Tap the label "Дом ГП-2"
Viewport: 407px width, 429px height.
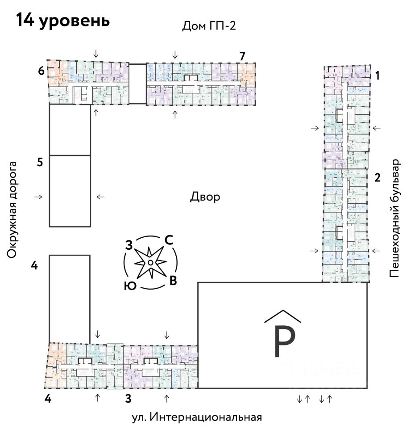click(208, 26)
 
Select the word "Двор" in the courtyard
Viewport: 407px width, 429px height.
click(205, 197)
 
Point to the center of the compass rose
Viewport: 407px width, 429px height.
click(151, 262)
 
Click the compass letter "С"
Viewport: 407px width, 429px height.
click(169, 240)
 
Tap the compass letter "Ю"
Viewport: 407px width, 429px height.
click(130, 286)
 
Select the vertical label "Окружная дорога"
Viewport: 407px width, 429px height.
click(12, 210)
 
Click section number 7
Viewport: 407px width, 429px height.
click(242, 56)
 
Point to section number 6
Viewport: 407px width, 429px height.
click(41, 71)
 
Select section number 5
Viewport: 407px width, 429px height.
click(40, 162)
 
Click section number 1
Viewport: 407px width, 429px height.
click(377, 76)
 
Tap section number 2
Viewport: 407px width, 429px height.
click(377, 178)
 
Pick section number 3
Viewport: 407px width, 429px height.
click(128, 399)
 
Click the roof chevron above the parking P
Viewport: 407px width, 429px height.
click(282, 316)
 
